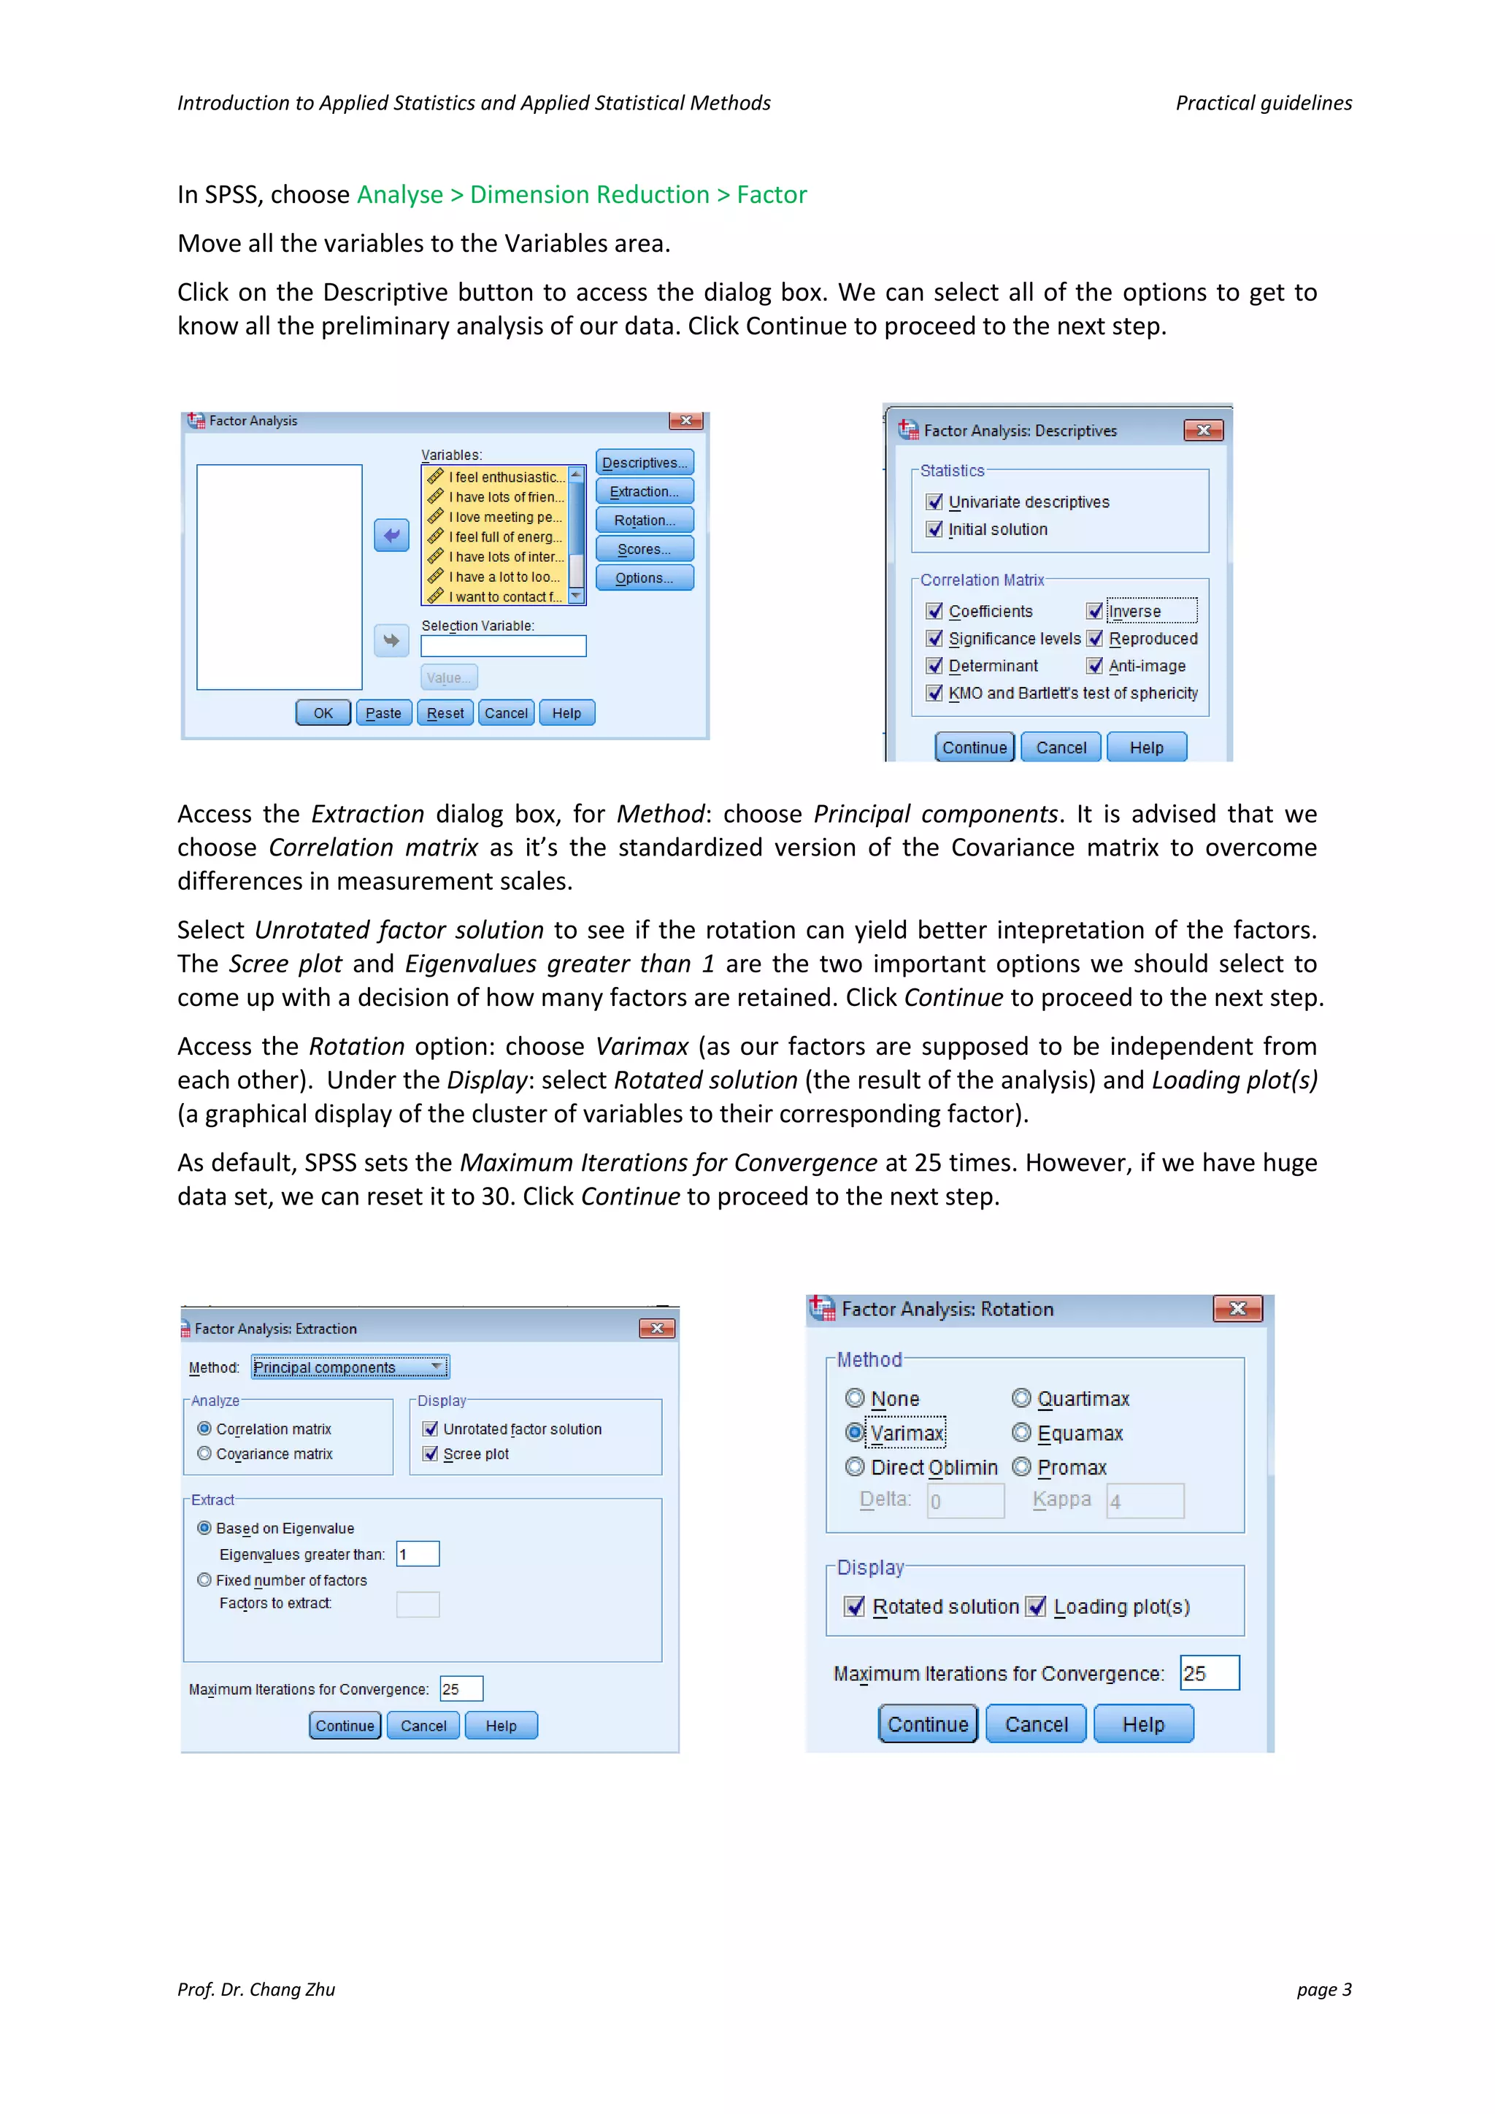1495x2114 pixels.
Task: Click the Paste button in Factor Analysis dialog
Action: [x=383, y=714]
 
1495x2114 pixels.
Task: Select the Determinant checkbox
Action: [x=935, y=666]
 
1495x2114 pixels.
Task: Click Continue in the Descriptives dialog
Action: [x=974, y=747]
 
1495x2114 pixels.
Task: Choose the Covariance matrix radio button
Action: [x=204, y=1454]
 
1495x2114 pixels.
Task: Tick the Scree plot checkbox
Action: [x=430, y=1454]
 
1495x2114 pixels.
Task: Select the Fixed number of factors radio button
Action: [x=204, y=1580]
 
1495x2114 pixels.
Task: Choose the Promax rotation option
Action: [x=1021, y=1468]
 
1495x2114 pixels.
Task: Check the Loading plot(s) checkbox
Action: [x=1037, y=1607]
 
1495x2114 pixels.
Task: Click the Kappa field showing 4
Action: [x=1145, y=1501]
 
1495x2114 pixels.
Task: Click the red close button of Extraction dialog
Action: [x=656, y=1329]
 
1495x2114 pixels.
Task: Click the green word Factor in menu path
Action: [x=772, y=195]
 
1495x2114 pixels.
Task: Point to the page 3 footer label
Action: [x=1323, y=1990]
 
